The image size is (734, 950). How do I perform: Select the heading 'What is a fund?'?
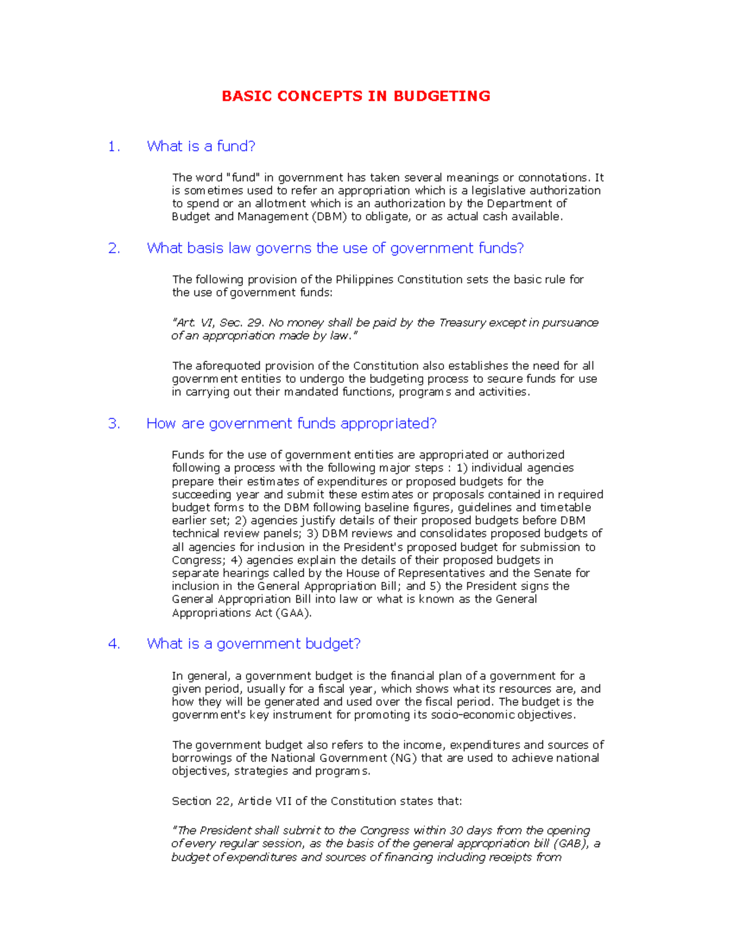[x=201, y=147]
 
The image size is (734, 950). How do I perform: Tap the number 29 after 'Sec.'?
[x=255, y=323]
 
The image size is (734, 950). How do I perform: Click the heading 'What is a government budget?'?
[x=253, y=644]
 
